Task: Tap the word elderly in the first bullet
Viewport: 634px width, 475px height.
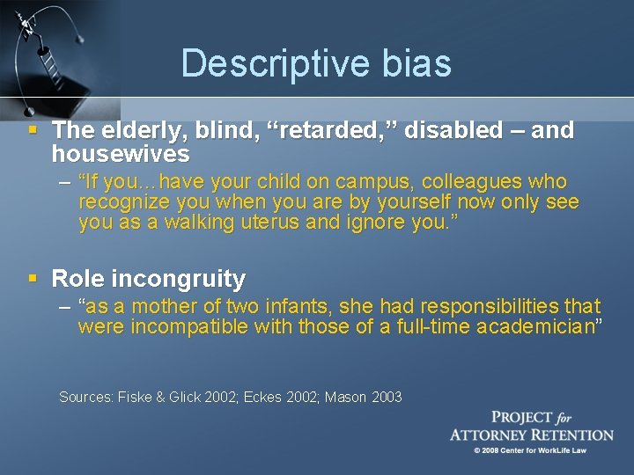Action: pos(134,131)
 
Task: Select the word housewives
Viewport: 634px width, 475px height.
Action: pos(121,155)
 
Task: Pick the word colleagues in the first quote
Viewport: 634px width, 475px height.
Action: pos(473,182)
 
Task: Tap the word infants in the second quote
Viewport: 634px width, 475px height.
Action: pos(291,307)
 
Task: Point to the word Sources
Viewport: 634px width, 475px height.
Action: pos(85,398)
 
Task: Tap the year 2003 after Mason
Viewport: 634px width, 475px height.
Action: pos(386,398)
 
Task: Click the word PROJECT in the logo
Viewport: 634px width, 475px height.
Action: pos(521,418)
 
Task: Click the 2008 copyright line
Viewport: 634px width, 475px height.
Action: pos(530,450)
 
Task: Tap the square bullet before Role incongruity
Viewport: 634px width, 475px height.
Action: pos(33,279)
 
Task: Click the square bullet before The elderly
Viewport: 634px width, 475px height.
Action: pos(33,130)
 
